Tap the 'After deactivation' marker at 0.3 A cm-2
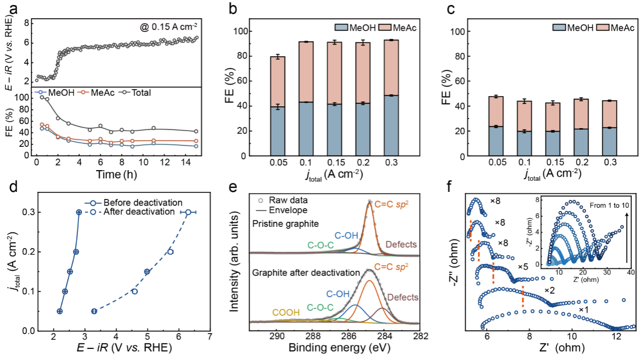click(188, 212)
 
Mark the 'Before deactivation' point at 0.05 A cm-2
click(60, 311)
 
